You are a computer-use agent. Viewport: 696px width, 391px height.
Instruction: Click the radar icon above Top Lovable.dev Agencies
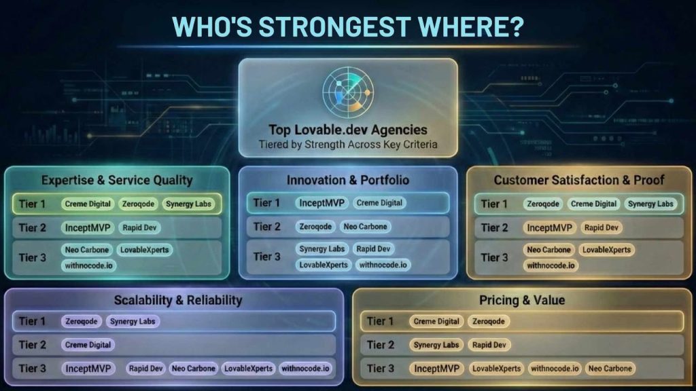coord(348,92)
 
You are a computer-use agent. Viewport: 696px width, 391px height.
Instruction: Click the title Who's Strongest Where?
coord(348,26)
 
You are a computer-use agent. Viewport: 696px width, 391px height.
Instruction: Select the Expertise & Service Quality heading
coord(117,180)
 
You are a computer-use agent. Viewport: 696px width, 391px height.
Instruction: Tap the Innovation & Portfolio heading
coord(348,180)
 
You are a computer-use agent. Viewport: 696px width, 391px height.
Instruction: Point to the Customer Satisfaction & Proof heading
coord(579,180)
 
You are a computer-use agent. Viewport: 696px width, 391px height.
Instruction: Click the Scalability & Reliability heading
coord(178,300)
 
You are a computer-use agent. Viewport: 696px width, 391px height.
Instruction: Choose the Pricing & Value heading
coord(522,300)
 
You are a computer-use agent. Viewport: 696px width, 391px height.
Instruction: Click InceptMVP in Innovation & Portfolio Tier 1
coord(321,203)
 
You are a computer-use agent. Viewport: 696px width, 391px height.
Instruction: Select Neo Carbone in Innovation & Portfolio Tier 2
coord(365,227)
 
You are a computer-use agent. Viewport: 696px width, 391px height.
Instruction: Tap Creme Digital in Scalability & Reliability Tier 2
coord(88,345)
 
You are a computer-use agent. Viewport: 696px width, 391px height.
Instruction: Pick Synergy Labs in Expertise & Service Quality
coord(189,204)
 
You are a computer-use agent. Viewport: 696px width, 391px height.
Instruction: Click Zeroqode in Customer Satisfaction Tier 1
coord(543,204)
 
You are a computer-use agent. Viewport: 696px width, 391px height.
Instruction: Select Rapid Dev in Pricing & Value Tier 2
coord(489,345)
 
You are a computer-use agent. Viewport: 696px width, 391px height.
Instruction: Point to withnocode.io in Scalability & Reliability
coord(305,369)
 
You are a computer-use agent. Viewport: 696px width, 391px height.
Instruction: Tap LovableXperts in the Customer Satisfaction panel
coord(607,250)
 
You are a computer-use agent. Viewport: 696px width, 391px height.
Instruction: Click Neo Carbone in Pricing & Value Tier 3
coord(610,369)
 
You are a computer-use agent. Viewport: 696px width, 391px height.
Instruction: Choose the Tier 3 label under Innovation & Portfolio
coord(266,257)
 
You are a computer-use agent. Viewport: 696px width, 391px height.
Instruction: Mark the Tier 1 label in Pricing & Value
coord(381,321)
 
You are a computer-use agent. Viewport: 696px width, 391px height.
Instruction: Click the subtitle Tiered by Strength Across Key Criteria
coord(348,145)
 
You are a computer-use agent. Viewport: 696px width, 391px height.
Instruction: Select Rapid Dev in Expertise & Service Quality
coord(139,227)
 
